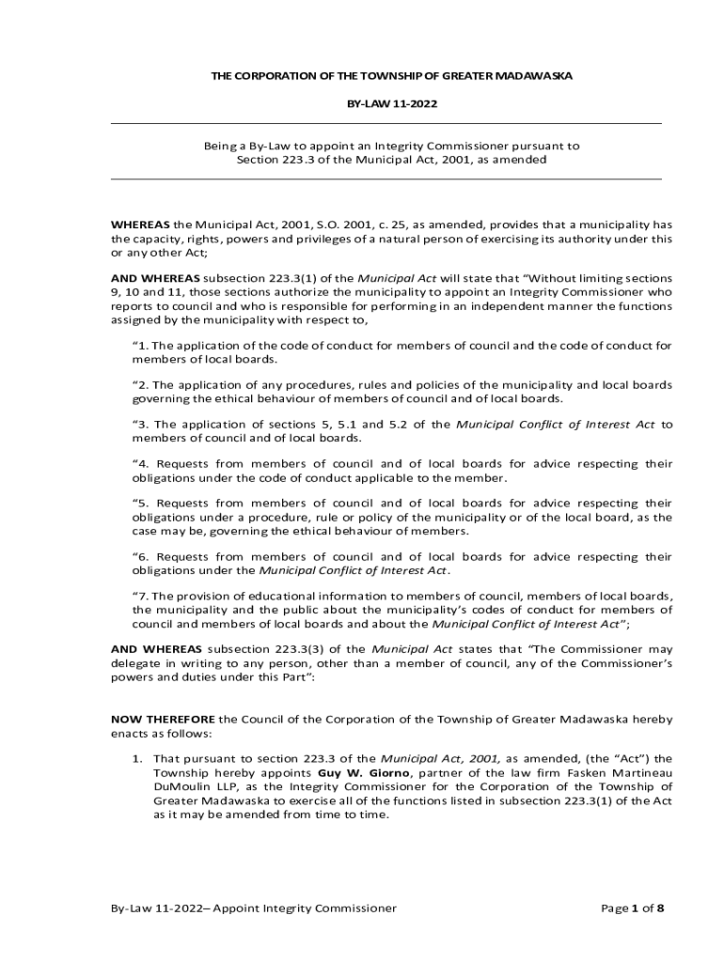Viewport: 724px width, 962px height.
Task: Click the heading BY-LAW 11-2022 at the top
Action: (386, 102)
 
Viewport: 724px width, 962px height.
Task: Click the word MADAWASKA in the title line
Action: (543, 74)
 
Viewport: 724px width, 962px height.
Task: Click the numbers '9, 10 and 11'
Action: (147, 292)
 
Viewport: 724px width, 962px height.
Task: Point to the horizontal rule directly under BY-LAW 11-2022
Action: (386, 124)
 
